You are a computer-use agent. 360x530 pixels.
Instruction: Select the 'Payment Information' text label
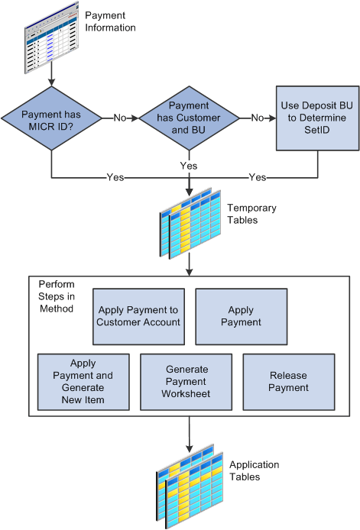point(110,21)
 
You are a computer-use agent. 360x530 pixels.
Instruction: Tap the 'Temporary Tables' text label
point(251,214)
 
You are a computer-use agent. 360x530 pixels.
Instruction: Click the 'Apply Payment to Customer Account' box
point(138,315)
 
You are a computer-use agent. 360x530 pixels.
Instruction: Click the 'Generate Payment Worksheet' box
point(186,382)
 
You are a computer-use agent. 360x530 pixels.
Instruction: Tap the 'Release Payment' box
point(289,382)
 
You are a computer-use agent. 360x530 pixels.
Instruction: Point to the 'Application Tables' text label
point(255,470)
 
